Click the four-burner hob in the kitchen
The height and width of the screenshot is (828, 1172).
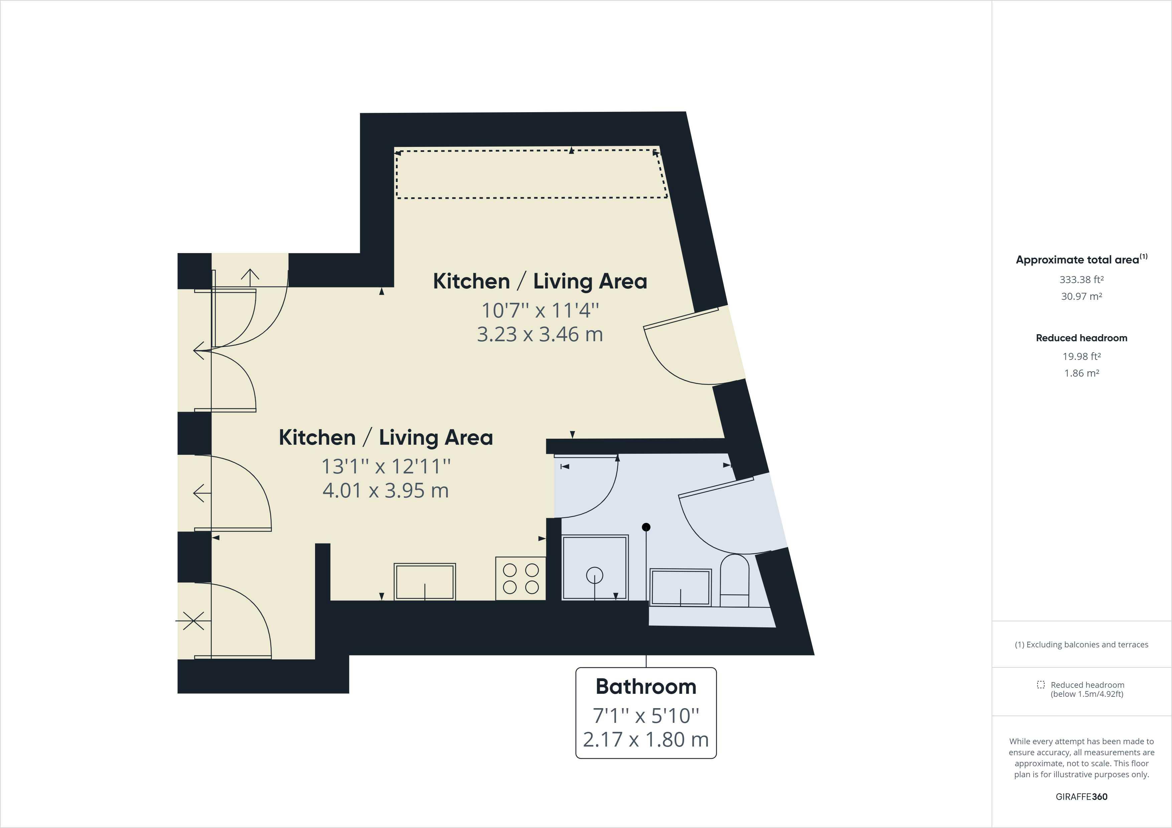click(x=521, y=578)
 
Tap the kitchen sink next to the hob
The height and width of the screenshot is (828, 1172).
click(x=425, y=582)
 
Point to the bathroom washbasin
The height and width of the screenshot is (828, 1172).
click(x=681, y=587)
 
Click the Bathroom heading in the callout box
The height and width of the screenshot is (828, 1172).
click(x=646, y=687)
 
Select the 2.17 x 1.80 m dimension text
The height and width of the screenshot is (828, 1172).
click(x=646, y=739)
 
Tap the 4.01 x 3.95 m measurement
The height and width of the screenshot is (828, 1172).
click(x=386, y=490)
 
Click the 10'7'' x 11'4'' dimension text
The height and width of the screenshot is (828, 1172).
click(x=540, y=310)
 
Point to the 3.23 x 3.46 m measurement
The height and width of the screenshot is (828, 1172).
click(x=540, y=335)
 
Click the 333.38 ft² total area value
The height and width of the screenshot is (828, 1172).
click(x=1082, y=279)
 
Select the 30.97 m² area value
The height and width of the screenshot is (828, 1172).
click(x=1082, y=296)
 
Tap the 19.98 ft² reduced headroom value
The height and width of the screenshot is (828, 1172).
click(x=1082, y=357)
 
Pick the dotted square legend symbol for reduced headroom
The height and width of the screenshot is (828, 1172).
click(x=1041, y=685)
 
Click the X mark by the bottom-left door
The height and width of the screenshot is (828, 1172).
click(x=193, y=621)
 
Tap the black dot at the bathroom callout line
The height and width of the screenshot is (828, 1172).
click(x=646, y=527)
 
